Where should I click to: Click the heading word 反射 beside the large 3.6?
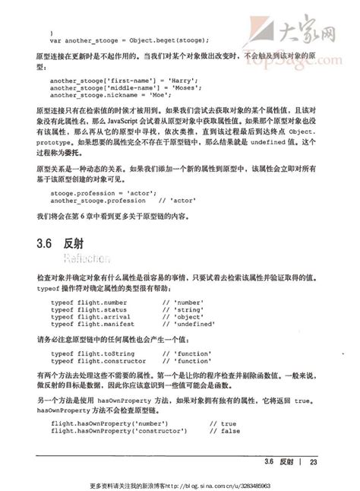[74, 245]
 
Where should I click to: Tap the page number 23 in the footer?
[312, 462]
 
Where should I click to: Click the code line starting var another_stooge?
[129, 40]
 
